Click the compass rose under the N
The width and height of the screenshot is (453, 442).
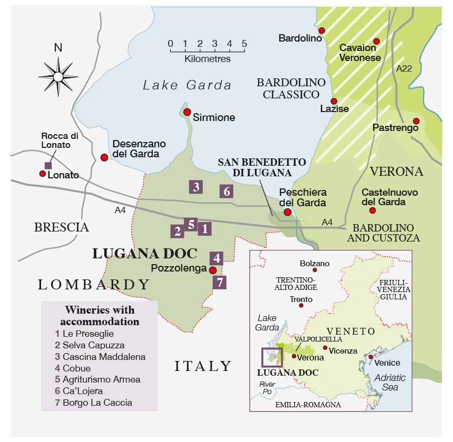pyautogui.click(x=58, y=77)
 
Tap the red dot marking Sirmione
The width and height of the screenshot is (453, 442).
pyautogui.click(x=186, y=112)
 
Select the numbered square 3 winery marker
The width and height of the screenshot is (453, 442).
pyautogui.click(x=196, y=186)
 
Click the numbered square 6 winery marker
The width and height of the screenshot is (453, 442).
pyautogui.click(x=226, y=191)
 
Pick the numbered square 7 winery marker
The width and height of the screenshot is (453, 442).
pyautogui.click(x=220, y=282)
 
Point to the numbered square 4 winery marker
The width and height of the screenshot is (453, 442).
pyautogui.click(x=216, y=258)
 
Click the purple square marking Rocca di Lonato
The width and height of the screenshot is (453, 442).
pyautogui.click(x=48, y=165)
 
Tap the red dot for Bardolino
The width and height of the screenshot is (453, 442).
pyautogui.click(x=321, y=31)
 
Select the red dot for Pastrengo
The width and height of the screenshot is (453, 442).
pyautogui.click(x=416, y=121)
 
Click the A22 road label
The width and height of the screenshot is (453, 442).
pyautogui.click(x=403, y=68)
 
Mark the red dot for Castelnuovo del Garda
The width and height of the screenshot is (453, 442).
pyautogui.click(x=372, y=210)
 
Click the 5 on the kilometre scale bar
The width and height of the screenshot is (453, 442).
pyautogui.click(x=244, y=44)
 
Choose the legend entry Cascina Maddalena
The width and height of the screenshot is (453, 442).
pyautogui.click(x=100, y=357)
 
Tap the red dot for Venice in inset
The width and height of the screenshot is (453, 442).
pyautogui.click(x=371, y=357)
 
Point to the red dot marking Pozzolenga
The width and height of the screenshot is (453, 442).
pyautogui.click(x=212, y=270)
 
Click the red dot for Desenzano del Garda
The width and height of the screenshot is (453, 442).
pyautogui.click(x=104, y=157)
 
